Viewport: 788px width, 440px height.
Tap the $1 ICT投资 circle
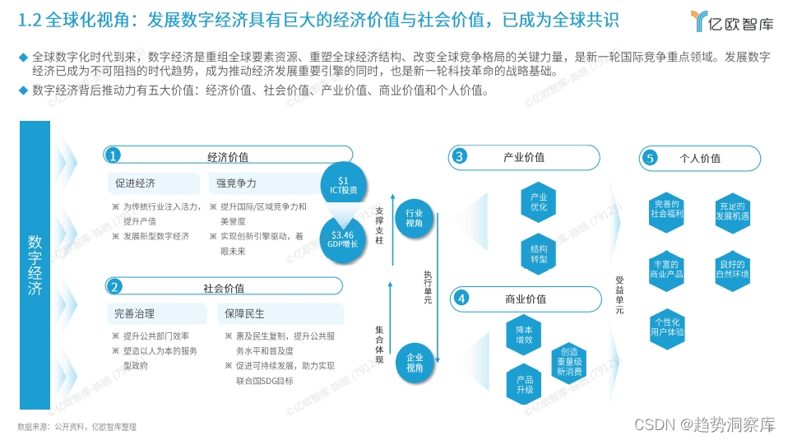tap(343, 185)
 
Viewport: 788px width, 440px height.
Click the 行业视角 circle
tap(415, 218)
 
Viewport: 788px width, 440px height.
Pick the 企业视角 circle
tap(415, 363)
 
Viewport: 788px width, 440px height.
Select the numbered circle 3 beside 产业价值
tap(461, 156)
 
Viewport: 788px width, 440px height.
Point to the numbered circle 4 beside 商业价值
tap(461, 299)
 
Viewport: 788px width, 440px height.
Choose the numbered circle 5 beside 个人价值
tap(651, 158)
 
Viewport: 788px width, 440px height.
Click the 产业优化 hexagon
tap(539, 202)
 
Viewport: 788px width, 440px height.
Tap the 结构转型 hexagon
tap(539, 253)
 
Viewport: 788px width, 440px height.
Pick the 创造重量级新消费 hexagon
tap(569, 361)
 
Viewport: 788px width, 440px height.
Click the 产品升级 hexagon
tap(525, 385)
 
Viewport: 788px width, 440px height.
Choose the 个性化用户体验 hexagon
tap(667, 327)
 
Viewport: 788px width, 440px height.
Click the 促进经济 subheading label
tap(136, 183)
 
